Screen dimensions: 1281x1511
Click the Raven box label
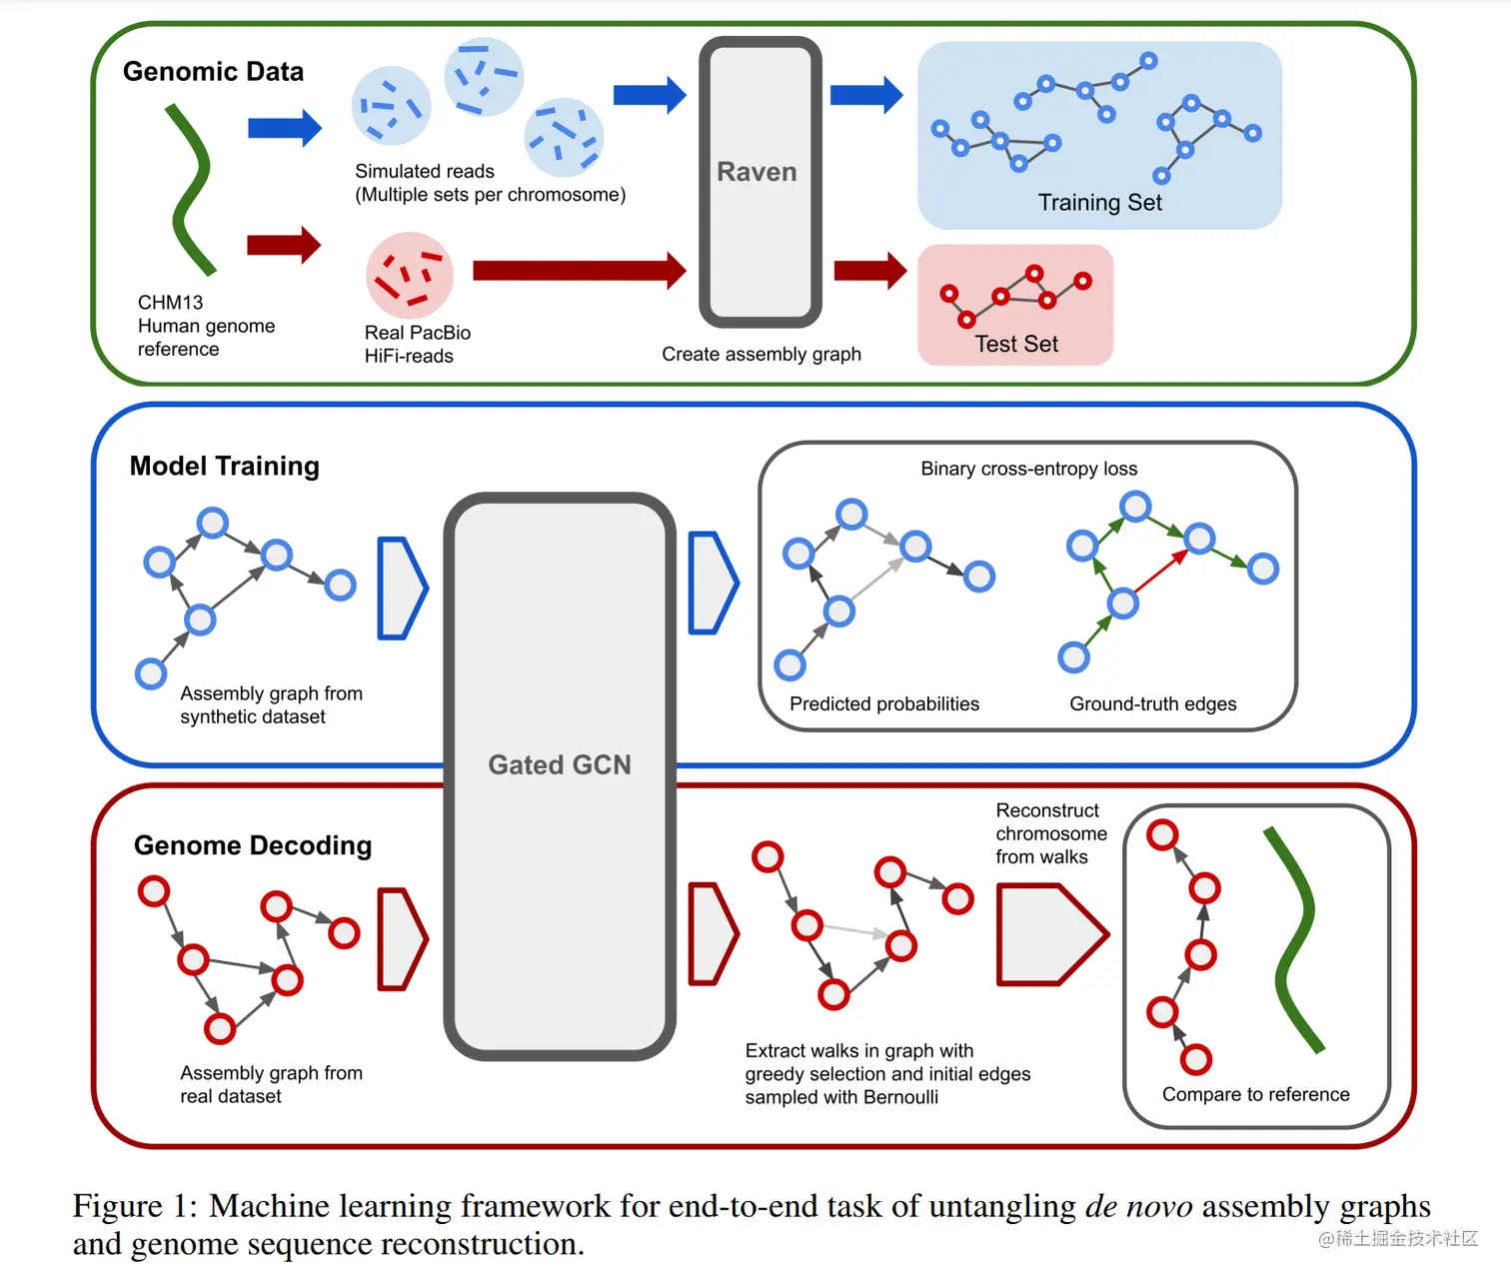(x=756, y=172)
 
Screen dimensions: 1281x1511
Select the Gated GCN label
(x=559, y=764)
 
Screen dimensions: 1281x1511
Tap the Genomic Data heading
(x=213, y=72)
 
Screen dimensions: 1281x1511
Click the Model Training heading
(x=225, y=466)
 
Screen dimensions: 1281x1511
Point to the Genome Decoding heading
(x=253, y=845)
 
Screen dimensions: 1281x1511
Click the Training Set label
(x=1099, y=203)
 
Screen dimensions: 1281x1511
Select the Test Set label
(x=1015, y=344)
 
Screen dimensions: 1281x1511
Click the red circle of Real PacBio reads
(x=409, y=275)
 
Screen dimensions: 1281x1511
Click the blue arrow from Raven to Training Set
(x=865, y=95)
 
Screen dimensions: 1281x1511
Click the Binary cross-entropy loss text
(x=1028, y=469)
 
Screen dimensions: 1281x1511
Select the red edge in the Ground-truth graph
(x=1161, y=573)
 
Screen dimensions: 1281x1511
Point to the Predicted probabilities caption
(x=883, y=703)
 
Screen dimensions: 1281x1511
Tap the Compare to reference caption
(x=1255, y=1094)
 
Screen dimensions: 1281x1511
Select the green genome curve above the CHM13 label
(x=191, y=190)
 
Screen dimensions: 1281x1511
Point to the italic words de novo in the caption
(x=1138, y=1206)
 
